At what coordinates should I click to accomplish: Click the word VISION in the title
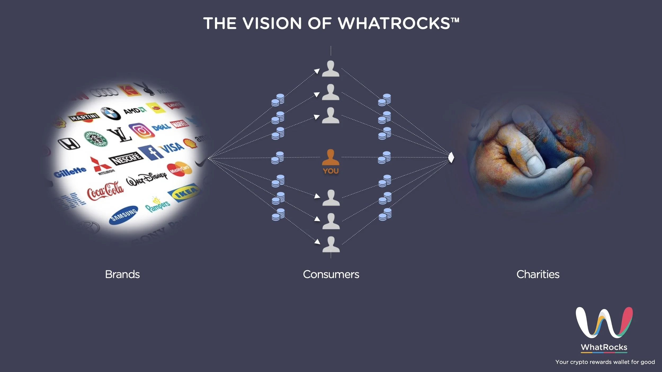click(x=272, y=23)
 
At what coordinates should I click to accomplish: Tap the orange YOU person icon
click(x=330, y=158)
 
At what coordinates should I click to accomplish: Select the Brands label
click(x=122, y=274)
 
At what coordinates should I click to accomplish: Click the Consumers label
click(x=331, y=274)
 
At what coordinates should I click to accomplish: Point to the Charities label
click(x=538, y=274)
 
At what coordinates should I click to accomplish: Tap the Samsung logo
click(x=124, y=215)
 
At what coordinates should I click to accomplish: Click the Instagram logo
click(x=142, y=131)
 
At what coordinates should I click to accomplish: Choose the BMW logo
click(x=111, y=114)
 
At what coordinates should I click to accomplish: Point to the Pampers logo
click(x=158, y=204)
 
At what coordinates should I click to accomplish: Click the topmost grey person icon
click(x=330, y=69)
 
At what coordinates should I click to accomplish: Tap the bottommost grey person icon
click(x=331, y=244)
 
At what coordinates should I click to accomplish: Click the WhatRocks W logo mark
click(x=604, y=322)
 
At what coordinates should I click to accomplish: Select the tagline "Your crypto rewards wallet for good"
click(x=605, y=362)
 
